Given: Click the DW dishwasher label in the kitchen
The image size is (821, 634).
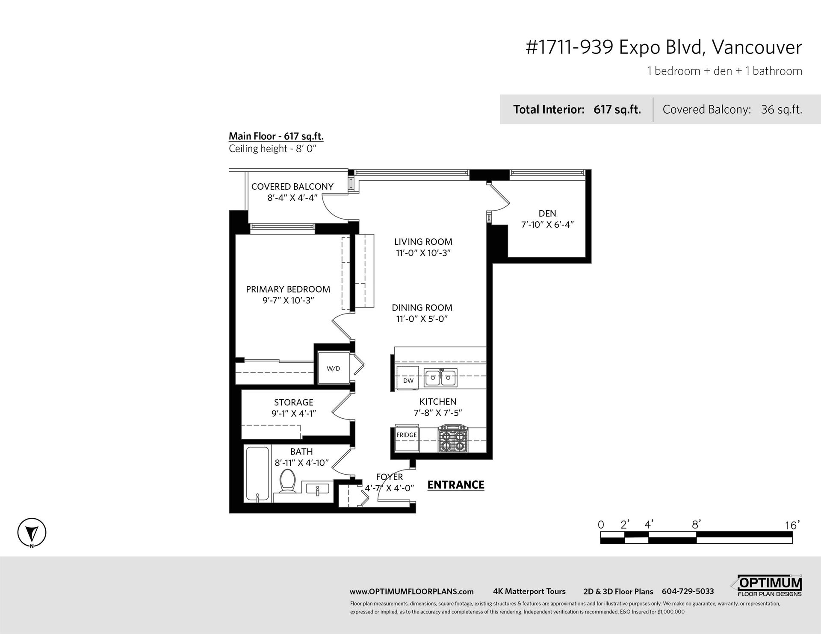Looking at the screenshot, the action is click(x=408, y=381).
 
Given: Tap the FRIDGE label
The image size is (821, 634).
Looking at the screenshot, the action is click(x=407, y=435).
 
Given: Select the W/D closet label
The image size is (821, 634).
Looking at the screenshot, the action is click(x=334, y=369).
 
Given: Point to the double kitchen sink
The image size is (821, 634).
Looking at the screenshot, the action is click(x=441, y=377).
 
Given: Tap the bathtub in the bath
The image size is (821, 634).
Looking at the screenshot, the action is click(x=257, y=474).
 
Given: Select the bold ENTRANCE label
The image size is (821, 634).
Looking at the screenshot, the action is click(x=456, y=485).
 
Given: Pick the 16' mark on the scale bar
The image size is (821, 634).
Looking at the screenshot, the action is click(x=792, y=525).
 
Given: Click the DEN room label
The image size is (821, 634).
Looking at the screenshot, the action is click(x=547, y=213).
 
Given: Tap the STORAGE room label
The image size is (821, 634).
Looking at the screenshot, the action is click(x=294, y=402).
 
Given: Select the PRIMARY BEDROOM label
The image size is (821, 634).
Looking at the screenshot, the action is click(x=288, y=289).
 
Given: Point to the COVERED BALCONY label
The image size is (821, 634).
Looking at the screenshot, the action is click(x=292, y=187).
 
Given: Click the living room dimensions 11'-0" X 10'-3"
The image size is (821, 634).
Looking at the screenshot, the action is click(x=423, y=253).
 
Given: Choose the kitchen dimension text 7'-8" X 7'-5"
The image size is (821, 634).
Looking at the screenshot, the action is click(x=438, y=413).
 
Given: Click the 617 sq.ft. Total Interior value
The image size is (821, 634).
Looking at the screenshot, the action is click(x=617, y=110).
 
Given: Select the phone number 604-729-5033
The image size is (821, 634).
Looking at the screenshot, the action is click(x=688, y=591).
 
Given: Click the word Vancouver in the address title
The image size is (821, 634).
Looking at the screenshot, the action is click(x=757, y=47).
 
